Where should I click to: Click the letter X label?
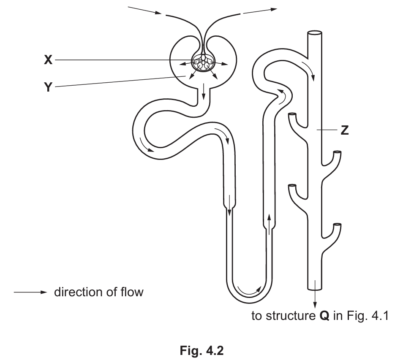tap(48, 60)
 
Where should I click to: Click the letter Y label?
tap(48, 87)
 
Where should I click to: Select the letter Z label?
tap(344, 130)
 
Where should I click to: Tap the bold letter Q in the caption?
tap(322, 316)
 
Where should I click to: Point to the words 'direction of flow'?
tap(98, 292)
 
